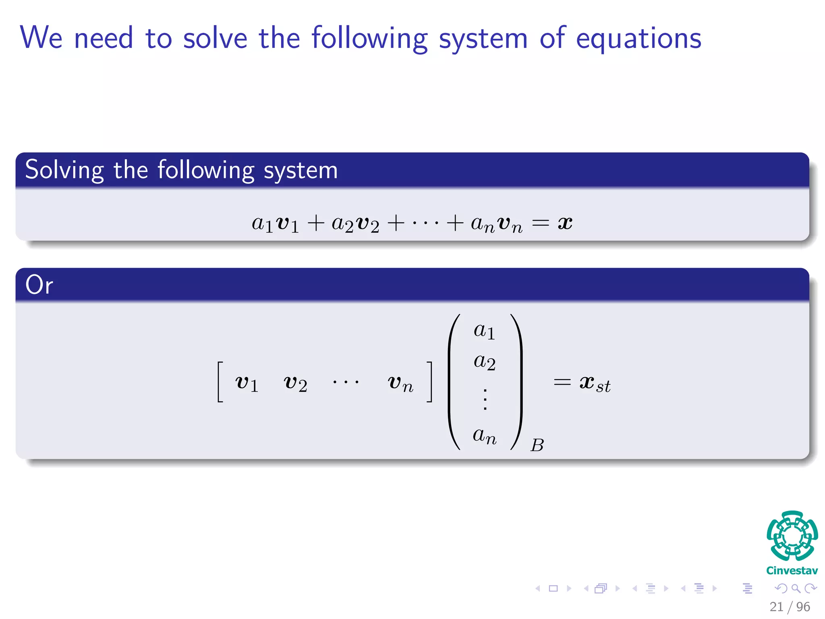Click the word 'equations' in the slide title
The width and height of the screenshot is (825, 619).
638,38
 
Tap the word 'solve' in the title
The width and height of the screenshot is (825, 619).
215,38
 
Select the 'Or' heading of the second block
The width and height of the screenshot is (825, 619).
39,285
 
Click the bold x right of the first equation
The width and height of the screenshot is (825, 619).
565,222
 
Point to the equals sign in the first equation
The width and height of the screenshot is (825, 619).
540,223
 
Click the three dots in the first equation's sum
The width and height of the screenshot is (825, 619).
425,223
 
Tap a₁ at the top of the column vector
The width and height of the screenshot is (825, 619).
484,331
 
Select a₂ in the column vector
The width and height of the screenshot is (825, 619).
485,361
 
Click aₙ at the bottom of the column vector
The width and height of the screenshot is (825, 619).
485,435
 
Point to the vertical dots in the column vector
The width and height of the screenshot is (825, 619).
485,399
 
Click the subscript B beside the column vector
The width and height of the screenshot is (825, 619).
537,445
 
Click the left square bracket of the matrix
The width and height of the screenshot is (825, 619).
220,382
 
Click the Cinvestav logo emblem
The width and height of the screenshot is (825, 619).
792,536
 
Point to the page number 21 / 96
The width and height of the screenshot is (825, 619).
790,607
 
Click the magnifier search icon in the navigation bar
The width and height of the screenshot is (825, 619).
796,588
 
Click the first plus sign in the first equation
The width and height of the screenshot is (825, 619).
316,223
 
